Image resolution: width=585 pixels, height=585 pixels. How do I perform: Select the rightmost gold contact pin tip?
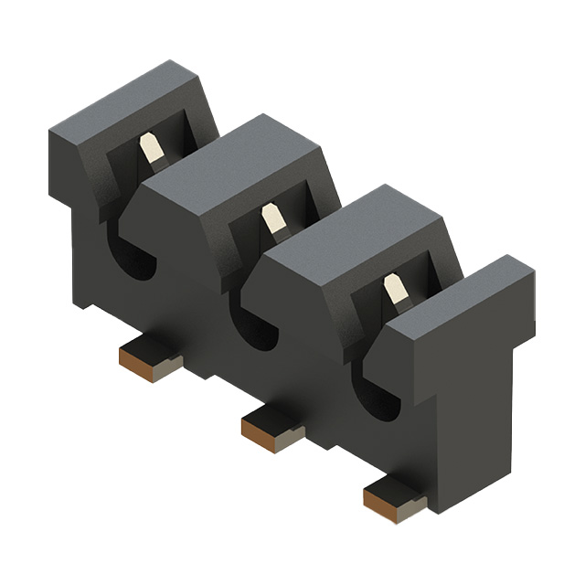pyautogui.click(x=396, y=291)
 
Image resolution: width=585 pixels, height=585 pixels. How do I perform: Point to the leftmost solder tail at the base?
pyautogui.click(x=149, y=357)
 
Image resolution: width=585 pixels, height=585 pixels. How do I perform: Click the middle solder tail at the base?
pyautogui.click(x=271, y=425)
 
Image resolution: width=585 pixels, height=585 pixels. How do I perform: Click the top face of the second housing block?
pyautogui.click(x=242, y=155)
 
